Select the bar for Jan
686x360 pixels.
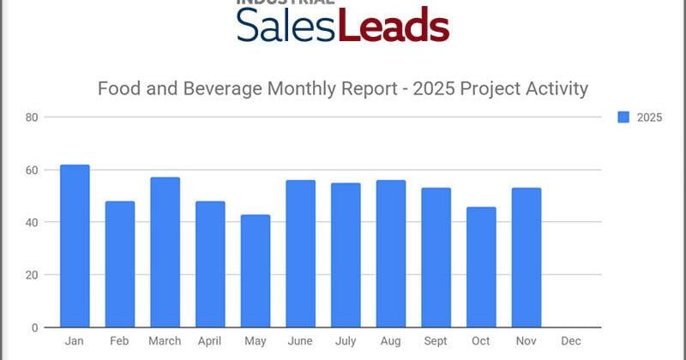point(75,246)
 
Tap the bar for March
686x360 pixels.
point(165,252)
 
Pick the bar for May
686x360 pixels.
point(256,271)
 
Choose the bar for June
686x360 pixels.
point(300,254)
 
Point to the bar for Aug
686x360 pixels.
point(390,254)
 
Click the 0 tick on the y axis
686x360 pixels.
point(33,327)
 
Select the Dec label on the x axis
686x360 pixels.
point(571,341)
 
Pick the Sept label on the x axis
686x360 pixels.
point(436,341)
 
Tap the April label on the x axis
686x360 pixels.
point(210,341)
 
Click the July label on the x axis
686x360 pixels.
point(346,341)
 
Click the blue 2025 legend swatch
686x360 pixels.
point(623,117)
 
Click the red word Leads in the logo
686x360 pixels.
point(394,27)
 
